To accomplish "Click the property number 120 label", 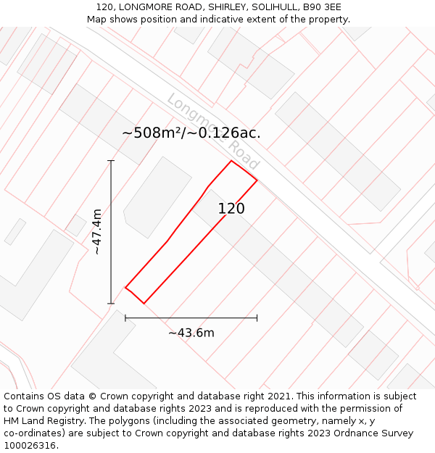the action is click(231, 209).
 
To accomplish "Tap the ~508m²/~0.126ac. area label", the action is click(191, 133).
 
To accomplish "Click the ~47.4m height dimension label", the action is click(97, 231).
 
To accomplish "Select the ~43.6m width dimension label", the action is click(191, 333).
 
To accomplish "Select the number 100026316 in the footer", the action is click(30, 446).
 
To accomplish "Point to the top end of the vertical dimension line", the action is click(111, 161).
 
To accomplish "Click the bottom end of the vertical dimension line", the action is click(111, 303).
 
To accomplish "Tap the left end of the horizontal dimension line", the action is click(125, 317).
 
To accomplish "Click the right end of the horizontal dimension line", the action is click(257, 317).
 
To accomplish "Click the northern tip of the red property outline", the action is click(231, 161).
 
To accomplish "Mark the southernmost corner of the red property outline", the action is click(144, 303).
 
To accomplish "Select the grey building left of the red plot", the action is click(157, 197).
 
